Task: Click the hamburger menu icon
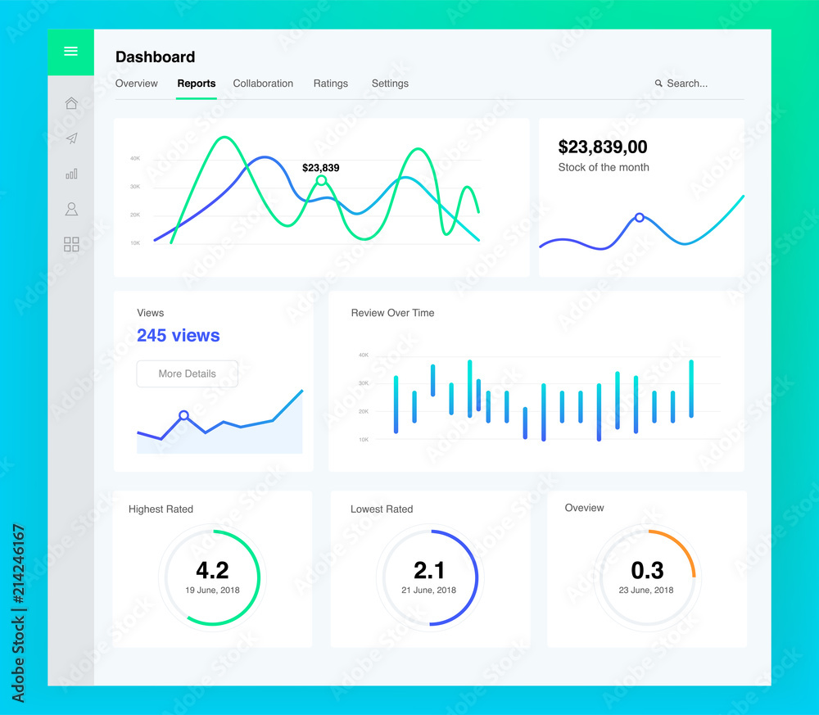[71, 51]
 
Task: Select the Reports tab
[197, 84]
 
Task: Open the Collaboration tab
[263, 84]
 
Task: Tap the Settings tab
[390, 84]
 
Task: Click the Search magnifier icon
[658, 83]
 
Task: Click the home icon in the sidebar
[71, 103]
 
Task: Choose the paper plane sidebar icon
[71, 138]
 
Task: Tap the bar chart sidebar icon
[71, 174]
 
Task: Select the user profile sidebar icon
[71, 209]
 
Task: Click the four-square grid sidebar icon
[71, 244]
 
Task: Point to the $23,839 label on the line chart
[321, 168]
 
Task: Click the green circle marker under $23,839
[321, 181]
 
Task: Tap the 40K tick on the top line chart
[135, 158]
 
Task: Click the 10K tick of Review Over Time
[364, 440]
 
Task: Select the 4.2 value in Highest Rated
[213, 570]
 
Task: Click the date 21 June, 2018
[429, 591]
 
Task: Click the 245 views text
[178, 335]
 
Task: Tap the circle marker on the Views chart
[183, 416]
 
